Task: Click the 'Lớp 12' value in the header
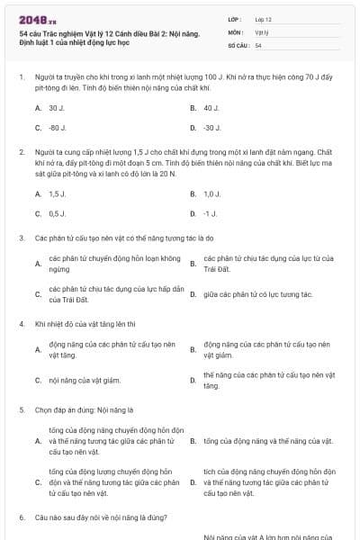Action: tap(264, 18)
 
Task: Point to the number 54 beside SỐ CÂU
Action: tap(258, 45)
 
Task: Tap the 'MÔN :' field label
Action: tap(236, 31)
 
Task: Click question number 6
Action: tap(21, 518)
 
